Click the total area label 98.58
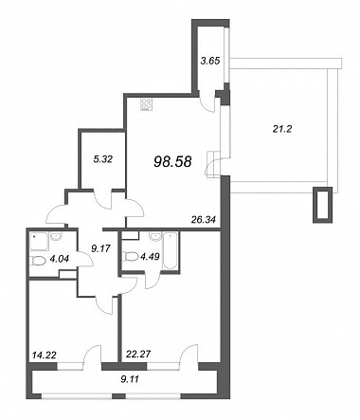(x=172, y=162)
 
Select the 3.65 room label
(x=210, y=61)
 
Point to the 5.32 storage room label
(x=103, y=159)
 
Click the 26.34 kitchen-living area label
(x=204, y=219)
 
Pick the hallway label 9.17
(x=100, y=248)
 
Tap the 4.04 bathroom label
(x=60, y=260)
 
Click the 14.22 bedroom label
(x=45, y=356)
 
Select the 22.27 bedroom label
(x=137, y=355)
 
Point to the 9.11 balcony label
(x=129, y=378)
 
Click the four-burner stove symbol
(x=147, y=104)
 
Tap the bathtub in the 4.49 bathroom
(x=171, y=251)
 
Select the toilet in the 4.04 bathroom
(x=39, y=262)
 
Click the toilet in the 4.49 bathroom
(x=131, y=257)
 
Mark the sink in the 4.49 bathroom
(x=155, y=236)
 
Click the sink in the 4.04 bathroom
(x=56, y=237)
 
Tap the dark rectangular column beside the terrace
(x=323, y=205)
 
